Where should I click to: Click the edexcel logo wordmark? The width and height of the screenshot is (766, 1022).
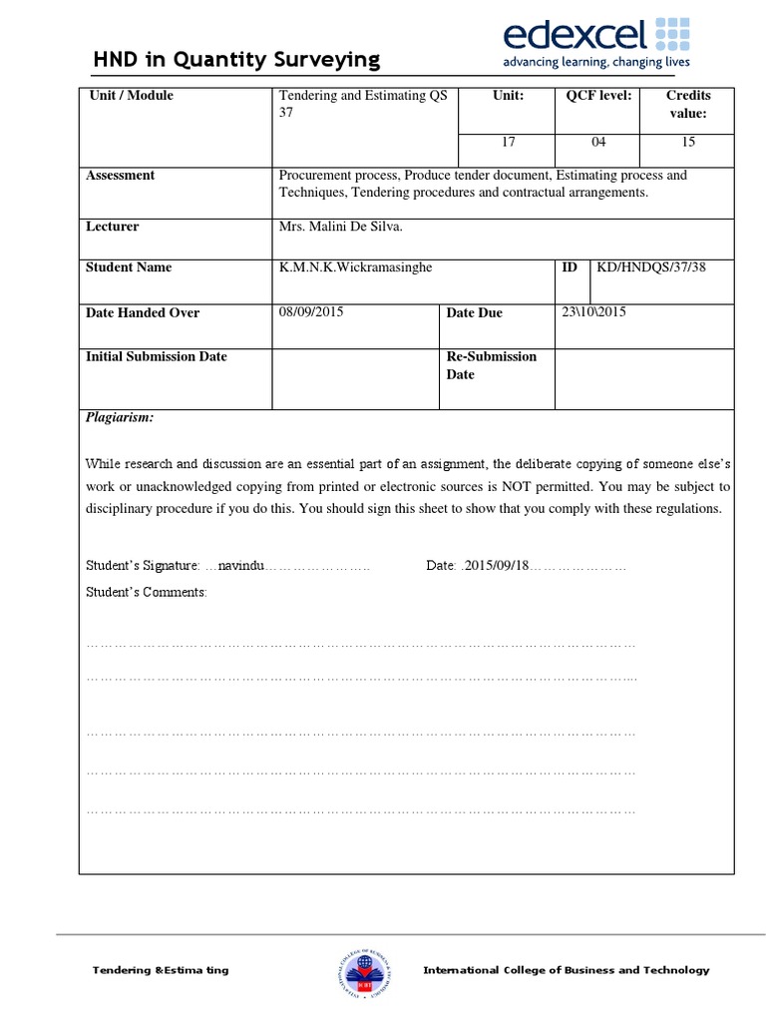click(x=575, y=37)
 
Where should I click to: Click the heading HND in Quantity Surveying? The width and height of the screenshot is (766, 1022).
click(x=236, y=60)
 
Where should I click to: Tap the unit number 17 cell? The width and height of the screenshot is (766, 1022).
click(x=508, y=142)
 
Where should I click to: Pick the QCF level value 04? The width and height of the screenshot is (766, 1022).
click(x=598, y=142)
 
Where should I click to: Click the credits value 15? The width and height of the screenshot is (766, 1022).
click(x=688, y=142)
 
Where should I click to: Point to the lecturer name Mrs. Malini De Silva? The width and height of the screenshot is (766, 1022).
click(x=341, y=227)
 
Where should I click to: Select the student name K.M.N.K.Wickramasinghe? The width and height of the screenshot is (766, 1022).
click(x=356, y=267)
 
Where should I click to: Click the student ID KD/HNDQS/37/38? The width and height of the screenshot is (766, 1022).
click(x=650, y=267)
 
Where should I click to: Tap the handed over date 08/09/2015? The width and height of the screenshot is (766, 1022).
click(x=311, y=312)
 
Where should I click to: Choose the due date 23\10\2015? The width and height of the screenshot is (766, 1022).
click(x=594, y=312)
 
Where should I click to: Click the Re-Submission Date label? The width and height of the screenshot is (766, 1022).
click(x=491, y=365)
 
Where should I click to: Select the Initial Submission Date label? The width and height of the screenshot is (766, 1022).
click(x=157, y=356)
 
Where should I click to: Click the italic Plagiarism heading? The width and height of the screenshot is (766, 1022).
click(x=120, y=418)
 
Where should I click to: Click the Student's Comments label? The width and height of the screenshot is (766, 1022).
click(x=147, y=593)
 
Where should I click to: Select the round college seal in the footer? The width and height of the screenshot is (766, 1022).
click(x=362, y=970)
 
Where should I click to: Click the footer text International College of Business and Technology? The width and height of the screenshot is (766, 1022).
click(x=567, y=970)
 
